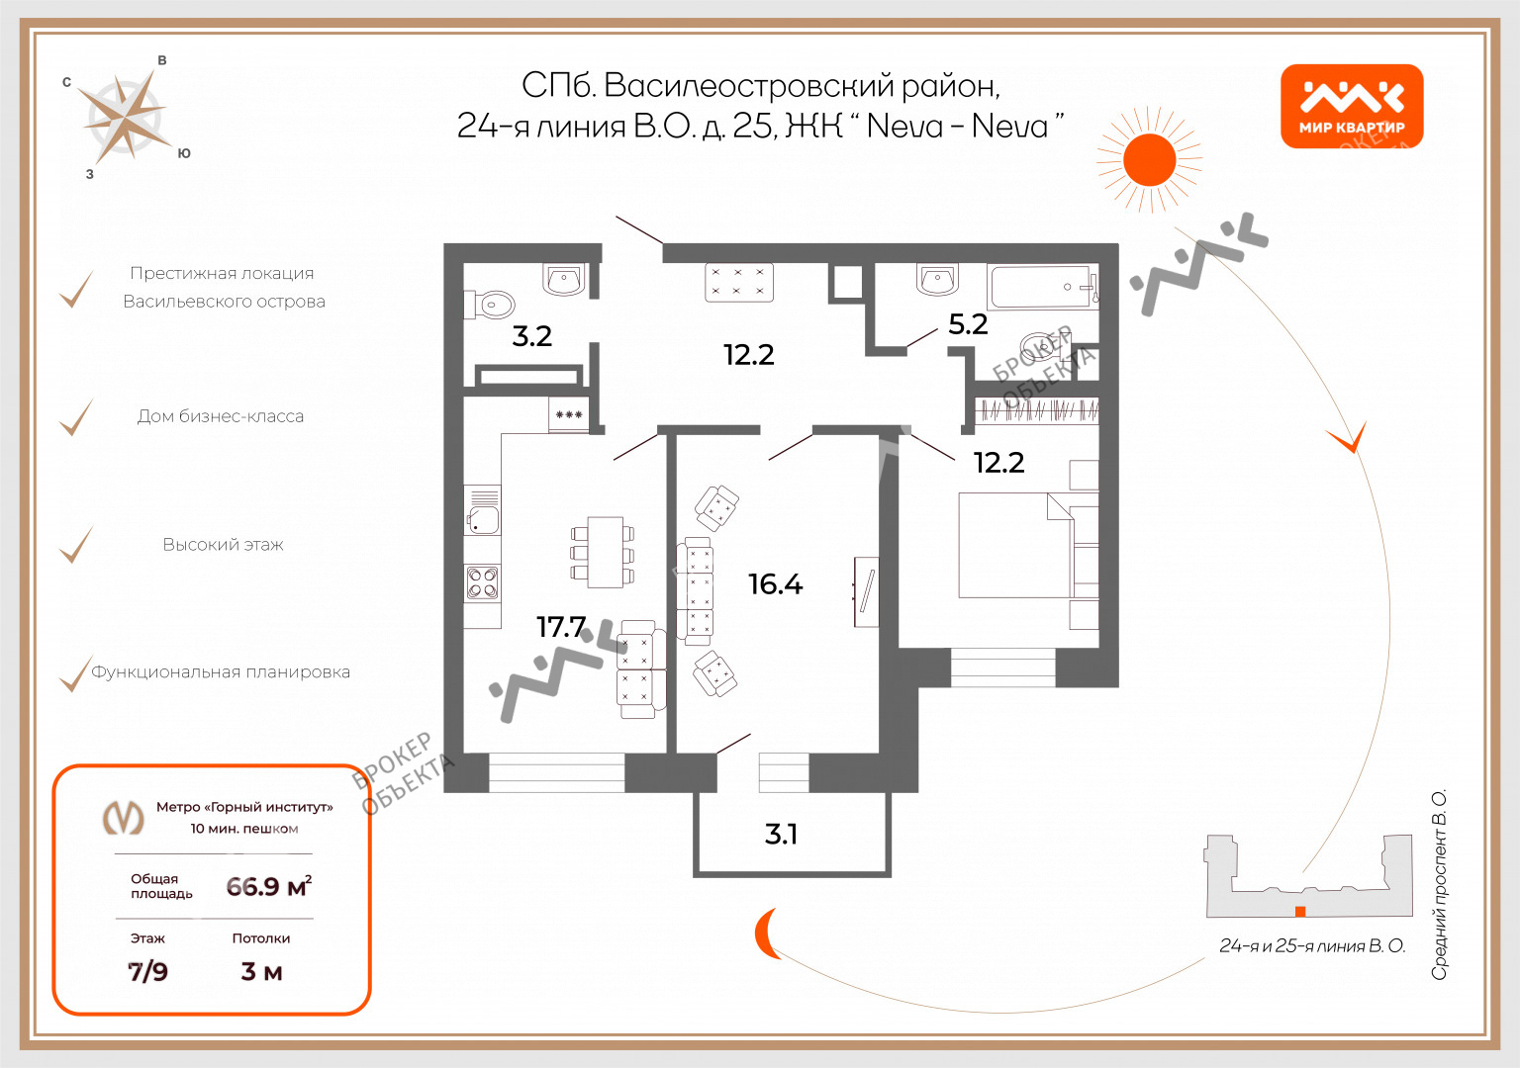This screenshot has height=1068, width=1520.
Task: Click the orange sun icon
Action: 1149,160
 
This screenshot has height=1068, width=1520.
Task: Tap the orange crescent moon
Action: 765,934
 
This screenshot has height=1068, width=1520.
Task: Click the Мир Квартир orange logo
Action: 1352,106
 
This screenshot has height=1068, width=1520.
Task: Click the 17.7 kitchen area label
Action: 561,627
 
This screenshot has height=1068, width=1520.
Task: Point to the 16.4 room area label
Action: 775,583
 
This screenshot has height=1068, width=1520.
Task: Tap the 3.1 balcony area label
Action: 781,834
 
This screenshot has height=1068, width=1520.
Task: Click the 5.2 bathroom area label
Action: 968,324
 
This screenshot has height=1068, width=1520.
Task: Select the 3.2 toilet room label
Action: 532,335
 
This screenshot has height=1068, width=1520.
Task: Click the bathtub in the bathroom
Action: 1043,287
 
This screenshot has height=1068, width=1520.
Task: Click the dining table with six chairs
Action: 604,552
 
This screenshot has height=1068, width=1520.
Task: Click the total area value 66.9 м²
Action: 269,886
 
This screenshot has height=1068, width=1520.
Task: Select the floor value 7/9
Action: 147,972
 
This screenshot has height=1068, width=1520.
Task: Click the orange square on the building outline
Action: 1300,912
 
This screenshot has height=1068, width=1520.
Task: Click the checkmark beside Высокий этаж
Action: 76,545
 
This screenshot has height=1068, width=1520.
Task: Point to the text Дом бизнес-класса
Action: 221,416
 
